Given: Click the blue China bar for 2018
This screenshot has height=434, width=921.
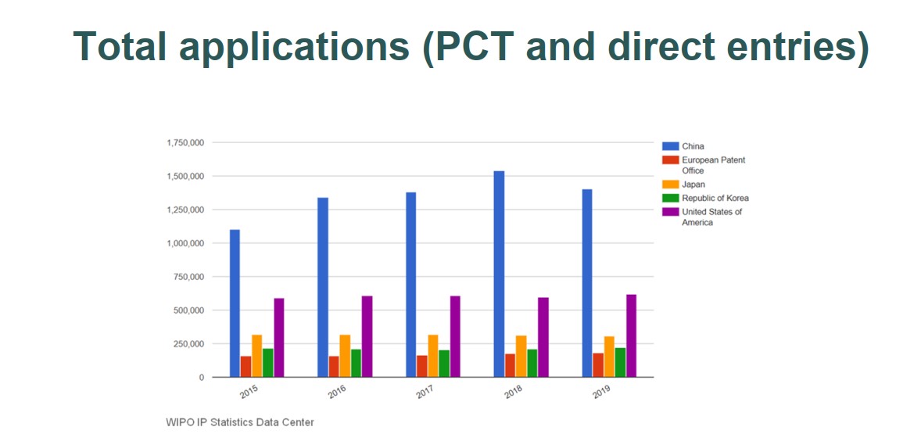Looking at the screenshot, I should click(499, 274).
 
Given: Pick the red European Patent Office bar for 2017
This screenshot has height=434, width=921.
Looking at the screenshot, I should click(421, 366).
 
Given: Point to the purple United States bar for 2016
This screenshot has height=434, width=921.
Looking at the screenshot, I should click(367, 336).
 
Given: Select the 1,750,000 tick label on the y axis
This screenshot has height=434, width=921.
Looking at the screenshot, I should click(185, 143).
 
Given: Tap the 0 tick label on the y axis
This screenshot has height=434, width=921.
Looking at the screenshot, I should click(201, 378).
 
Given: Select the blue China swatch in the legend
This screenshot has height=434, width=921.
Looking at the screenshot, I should click(670, 146).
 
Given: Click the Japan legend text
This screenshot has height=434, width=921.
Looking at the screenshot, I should click(693, 185).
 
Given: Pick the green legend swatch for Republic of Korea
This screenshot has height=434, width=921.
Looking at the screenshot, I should click(670, 198).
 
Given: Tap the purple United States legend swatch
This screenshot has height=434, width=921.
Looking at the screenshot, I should click(670, 212).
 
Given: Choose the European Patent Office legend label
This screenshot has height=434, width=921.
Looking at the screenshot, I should click(713, 165).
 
